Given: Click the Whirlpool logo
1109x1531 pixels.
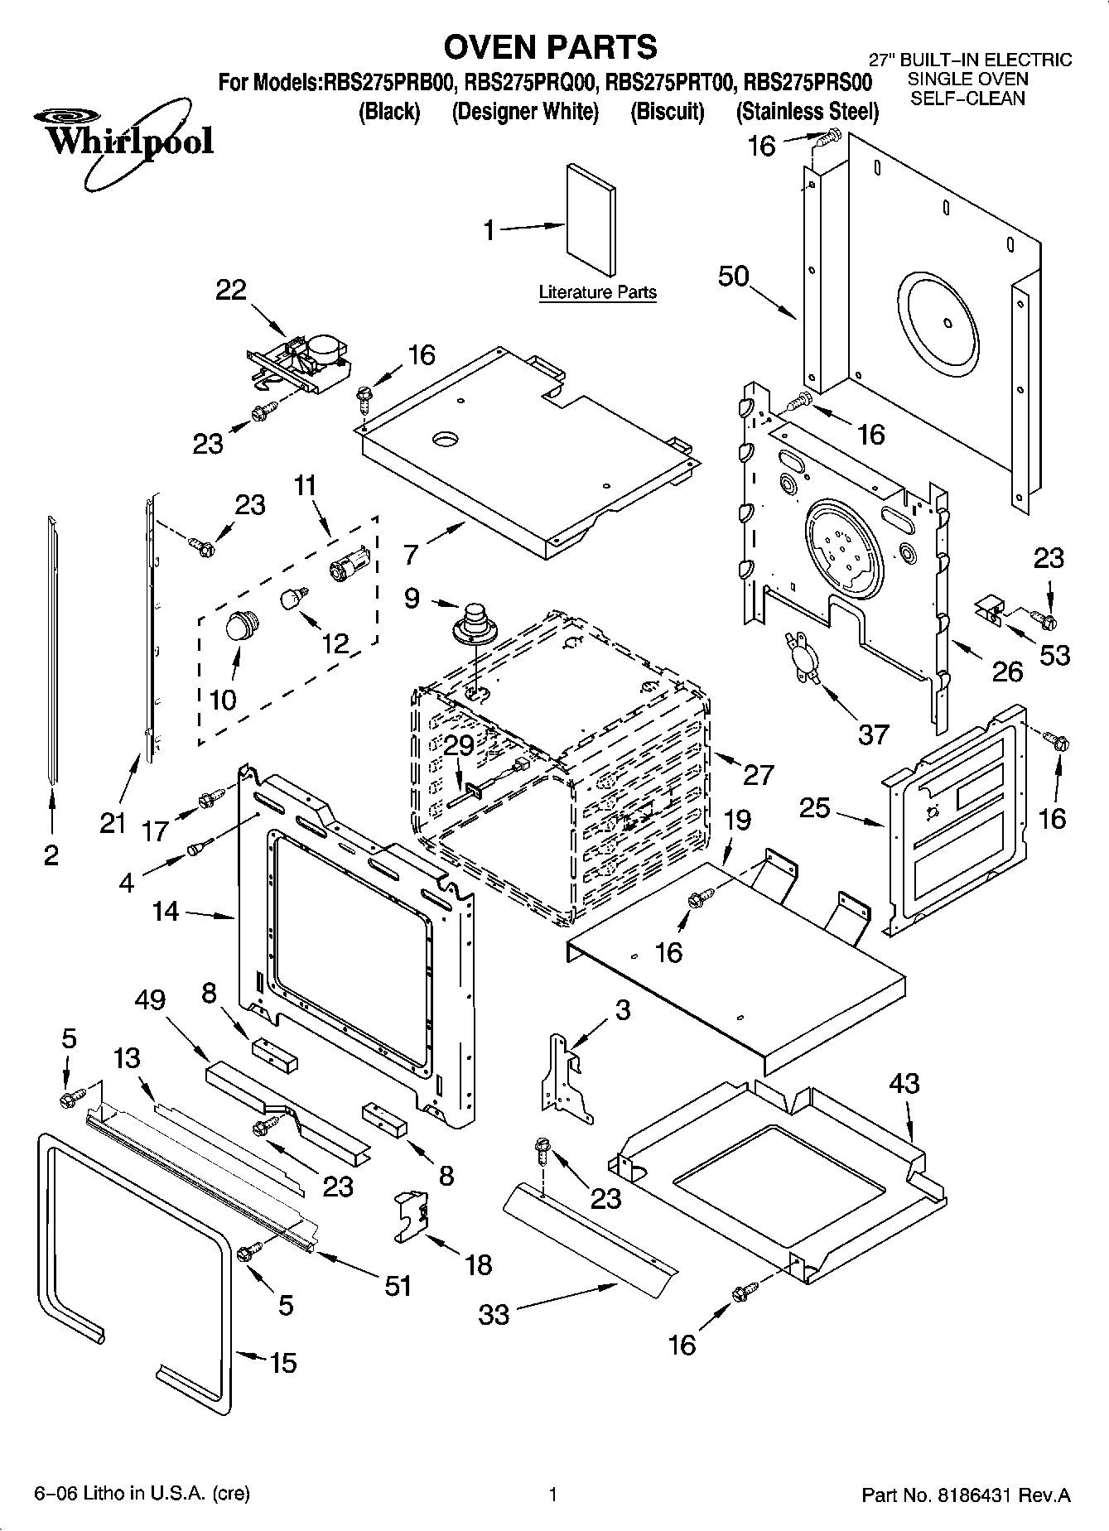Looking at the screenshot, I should point(124,141).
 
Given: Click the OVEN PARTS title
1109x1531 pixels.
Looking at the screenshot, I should point(550,47).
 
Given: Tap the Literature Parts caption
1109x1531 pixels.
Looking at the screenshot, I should point(597,292).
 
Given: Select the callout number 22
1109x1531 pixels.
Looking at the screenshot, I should point(231,290).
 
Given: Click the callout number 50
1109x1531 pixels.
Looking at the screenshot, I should point(734,277).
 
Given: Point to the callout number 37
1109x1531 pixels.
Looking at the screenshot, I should point(873,734).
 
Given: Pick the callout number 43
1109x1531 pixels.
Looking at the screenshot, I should point(904,1083).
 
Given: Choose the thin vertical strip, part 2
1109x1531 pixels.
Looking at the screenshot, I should point(53,646).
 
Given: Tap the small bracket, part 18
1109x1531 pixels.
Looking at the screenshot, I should point(412,1216).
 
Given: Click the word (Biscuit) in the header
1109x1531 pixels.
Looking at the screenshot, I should point(667,111).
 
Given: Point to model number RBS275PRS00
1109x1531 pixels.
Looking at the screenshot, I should point(808,83).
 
